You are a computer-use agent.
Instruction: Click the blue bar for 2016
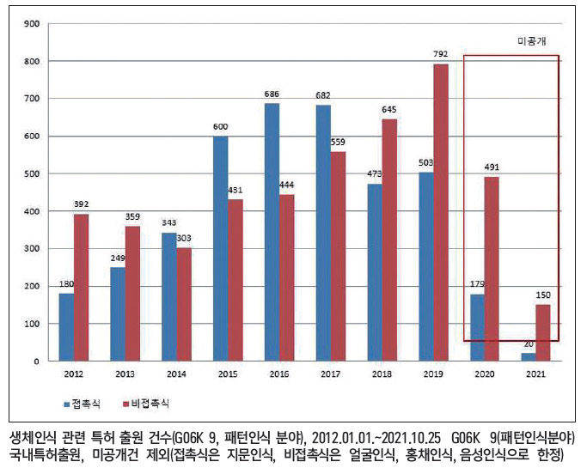(x=272, y=232)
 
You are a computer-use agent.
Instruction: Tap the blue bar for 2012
(x=65, y=326)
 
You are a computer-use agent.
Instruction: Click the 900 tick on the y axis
(x=32, y=24)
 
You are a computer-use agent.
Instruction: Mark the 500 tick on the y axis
(x=32, y=173)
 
